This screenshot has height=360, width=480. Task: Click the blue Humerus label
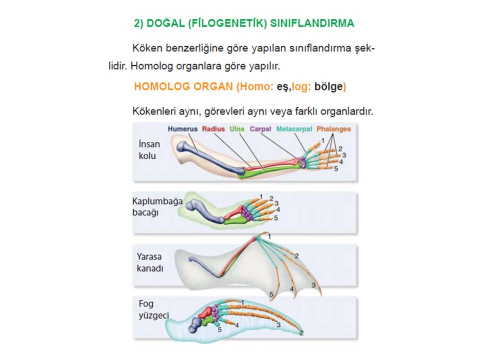tap(182, 129)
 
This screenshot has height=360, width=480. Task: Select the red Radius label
tap(213, 129)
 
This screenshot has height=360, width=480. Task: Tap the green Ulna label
tap(237, 129)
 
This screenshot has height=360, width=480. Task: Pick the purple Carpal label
tap(260, 129)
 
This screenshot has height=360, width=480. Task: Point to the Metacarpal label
tap(294, 129)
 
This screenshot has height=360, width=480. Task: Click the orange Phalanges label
tap(333, 129)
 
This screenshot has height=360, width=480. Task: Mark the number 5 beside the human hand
tap(336, 168)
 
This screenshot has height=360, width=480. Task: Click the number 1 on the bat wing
tap(269, 236)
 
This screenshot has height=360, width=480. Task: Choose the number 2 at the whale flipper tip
tap(301, 333)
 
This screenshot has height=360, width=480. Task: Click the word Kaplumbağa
tap(157, 201)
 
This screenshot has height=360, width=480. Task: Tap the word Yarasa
tap(149, 256)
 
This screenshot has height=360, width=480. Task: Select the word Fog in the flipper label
tap(146, 304)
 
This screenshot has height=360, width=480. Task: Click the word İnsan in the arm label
tap(149, 144)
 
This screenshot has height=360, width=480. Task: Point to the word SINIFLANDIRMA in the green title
tap(312, 23)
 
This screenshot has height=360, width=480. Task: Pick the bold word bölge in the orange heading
tap(328, 86)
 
